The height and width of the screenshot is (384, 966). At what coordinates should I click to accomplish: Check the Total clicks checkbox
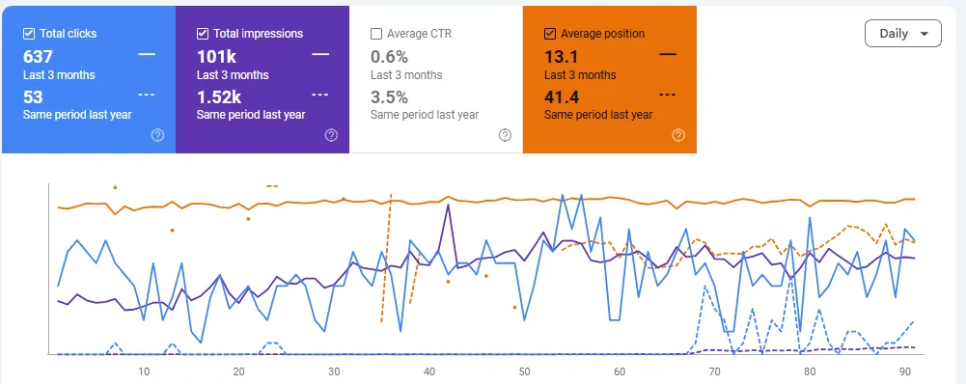click(x=29, y=34)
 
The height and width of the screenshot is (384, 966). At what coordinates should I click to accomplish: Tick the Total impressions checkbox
click(x=203, y=34)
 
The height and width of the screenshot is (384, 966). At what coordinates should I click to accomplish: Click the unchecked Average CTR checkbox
click(x=376, y=34)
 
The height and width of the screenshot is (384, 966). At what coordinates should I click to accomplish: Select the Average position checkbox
click(x=550, y=34)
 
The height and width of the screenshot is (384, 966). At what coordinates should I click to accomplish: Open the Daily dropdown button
click(x=903, y=33)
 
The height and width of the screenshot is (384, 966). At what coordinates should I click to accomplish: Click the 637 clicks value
click(x=38, y=56)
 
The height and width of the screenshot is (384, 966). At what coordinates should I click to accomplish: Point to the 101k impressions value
click(x=215, y=56)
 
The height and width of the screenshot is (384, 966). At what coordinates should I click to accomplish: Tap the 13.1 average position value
click(x=562, y=56)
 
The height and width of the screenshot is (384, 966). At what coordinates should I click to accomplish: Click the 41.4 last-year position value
click(x=563, y=96)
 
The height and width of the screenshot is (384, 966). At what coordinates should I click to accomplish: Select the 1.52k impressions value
click(x=219, y=96)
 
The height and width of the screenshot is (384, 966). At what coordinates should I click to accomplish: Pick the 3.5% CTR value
click(x=389, y=96)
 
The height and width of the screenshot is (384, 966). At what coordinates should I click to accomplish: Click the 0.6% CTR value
click(x=389, y=56)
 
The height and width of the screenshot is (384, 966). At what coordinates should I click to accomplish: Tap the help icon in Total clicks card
click(x=157, y=135)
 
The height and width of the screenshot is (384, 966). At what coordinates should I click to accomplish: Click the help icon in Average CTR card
click(x=505, y=135)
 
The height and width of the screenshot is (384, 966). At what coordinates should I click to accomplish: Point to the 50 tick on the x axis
click(x=524, y=371)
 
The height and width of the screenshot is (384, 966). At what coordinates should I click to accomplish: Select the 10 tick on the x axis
click(x=144, y=371)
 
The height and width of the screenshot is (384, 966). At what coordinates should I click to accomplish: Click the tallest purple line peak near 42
click(x=449, y=206)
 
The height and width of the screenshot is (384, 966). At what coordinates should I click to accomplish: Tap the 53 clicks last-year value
click(x=33, y=96)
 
